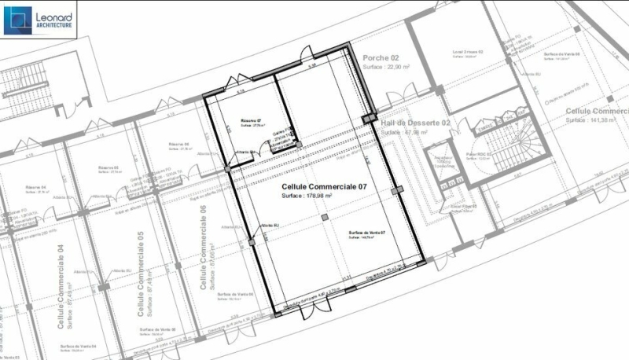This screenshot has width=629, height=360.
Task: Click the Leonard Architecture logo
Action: click(x=39, y=20)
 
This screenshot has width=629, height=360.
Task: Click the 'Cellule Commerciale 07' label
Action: click(x=325, y=187)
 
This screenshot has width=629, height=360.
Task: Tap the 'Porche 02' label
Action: click(x=381, y=58)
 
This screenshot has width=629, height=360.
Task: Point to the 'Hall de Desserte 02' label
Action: click(x=415, y=123)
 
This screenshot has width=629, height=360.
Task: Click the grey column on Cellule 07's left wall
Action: click(x=251, y=242)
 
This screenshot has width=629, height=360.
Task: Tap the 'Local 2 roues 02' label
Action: click(x=467, y=52)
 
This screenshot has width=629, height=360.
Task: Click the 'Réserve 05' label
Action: click(x=109, y=167)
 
